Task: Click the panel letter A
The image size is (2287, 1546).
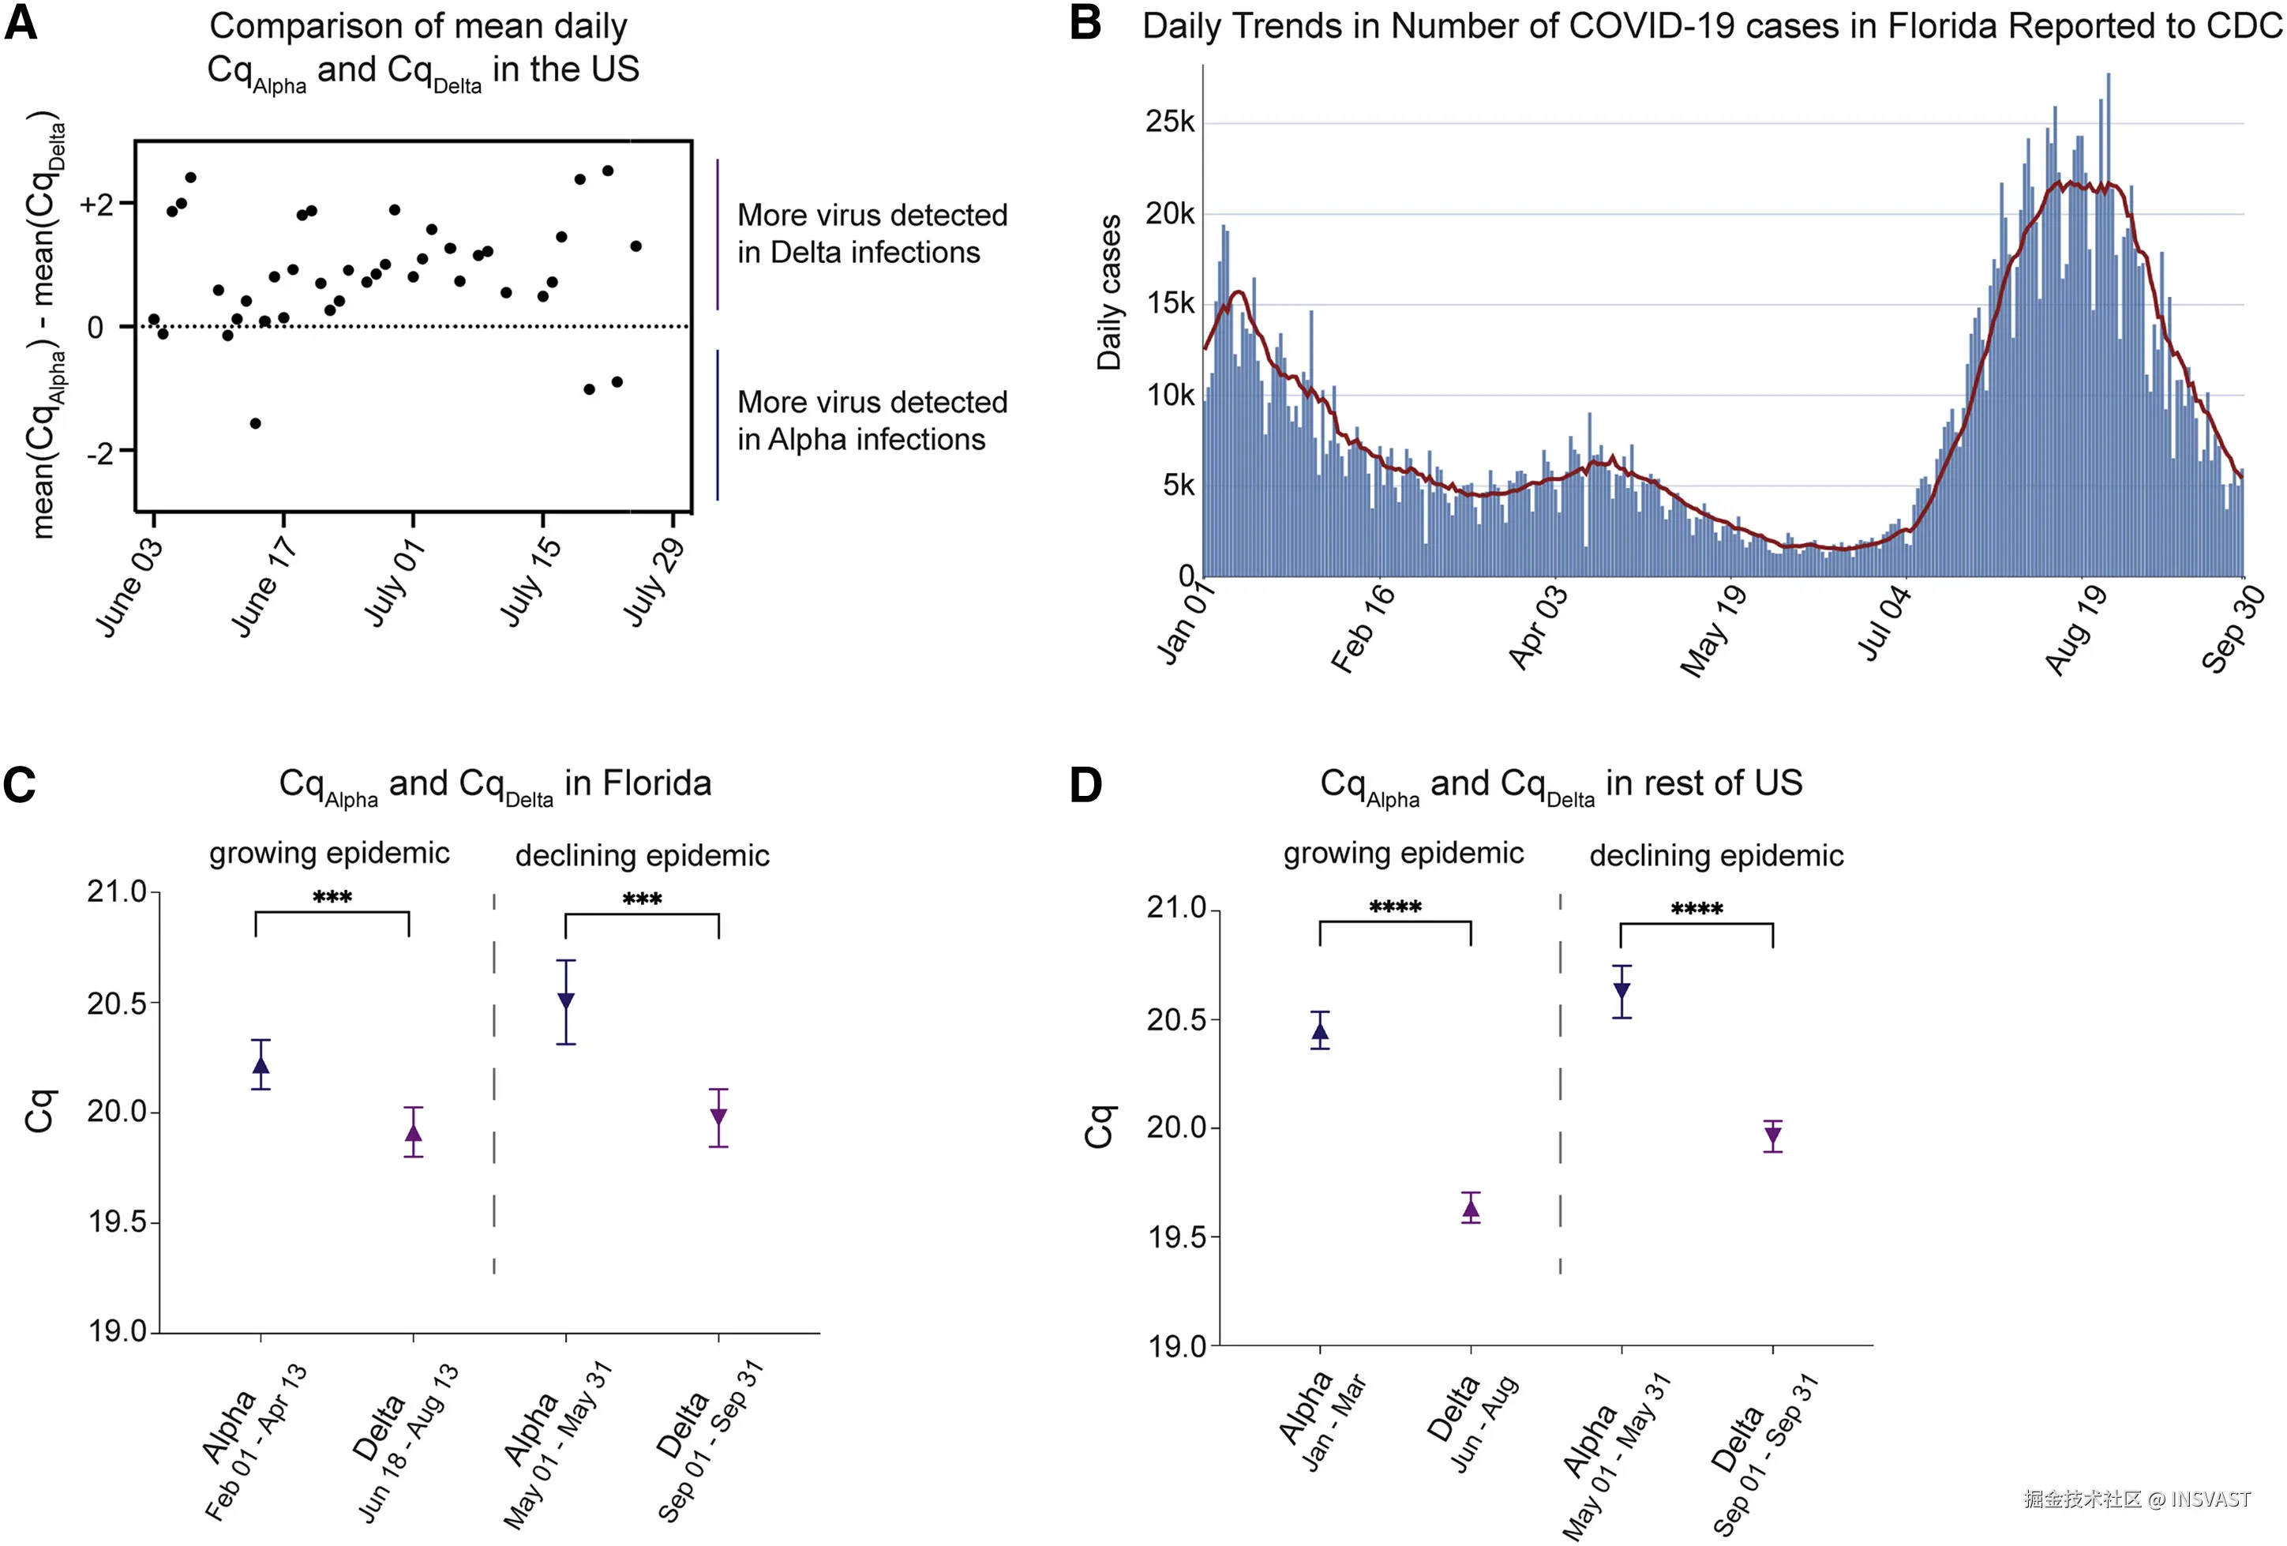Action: click(21, 23)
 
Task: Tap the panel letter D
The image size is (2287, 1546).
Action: click(1085, 786)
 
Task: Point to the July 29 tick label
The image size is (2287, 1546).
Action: click(652, 582)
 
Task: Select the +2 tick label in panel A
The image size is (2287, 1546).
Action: click(96, 204)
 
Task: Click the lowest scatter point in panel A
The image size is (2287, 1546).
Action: click(255, 423)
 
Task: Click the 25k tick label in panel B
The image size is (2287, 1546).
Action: click(1169, 122)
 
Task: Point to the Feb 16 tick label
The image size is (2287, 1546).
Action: click(1362, 627)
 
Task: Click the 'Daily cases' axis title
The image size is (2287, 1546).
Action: click(1109, 292)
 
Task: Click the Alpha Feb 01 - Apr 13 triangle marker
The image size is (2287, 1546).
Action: click(261, 1065)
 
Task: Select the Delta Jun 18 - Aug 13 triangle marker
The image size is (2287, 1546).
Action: click(414, 1133)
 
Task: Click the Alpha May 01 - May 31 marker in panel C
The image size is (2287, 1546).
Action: click(566, 1001)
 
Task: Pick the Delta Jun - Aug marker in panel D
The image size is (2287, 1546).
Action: click(1470, 1209)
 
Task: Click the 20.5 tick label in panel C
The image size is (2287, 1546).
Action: click(116, 1004)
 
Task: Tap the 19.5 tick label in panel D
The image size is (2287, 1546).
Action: click(1176, 1237)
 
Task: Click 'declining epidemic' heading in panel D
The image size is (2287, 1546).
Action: click(1716, 855)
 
